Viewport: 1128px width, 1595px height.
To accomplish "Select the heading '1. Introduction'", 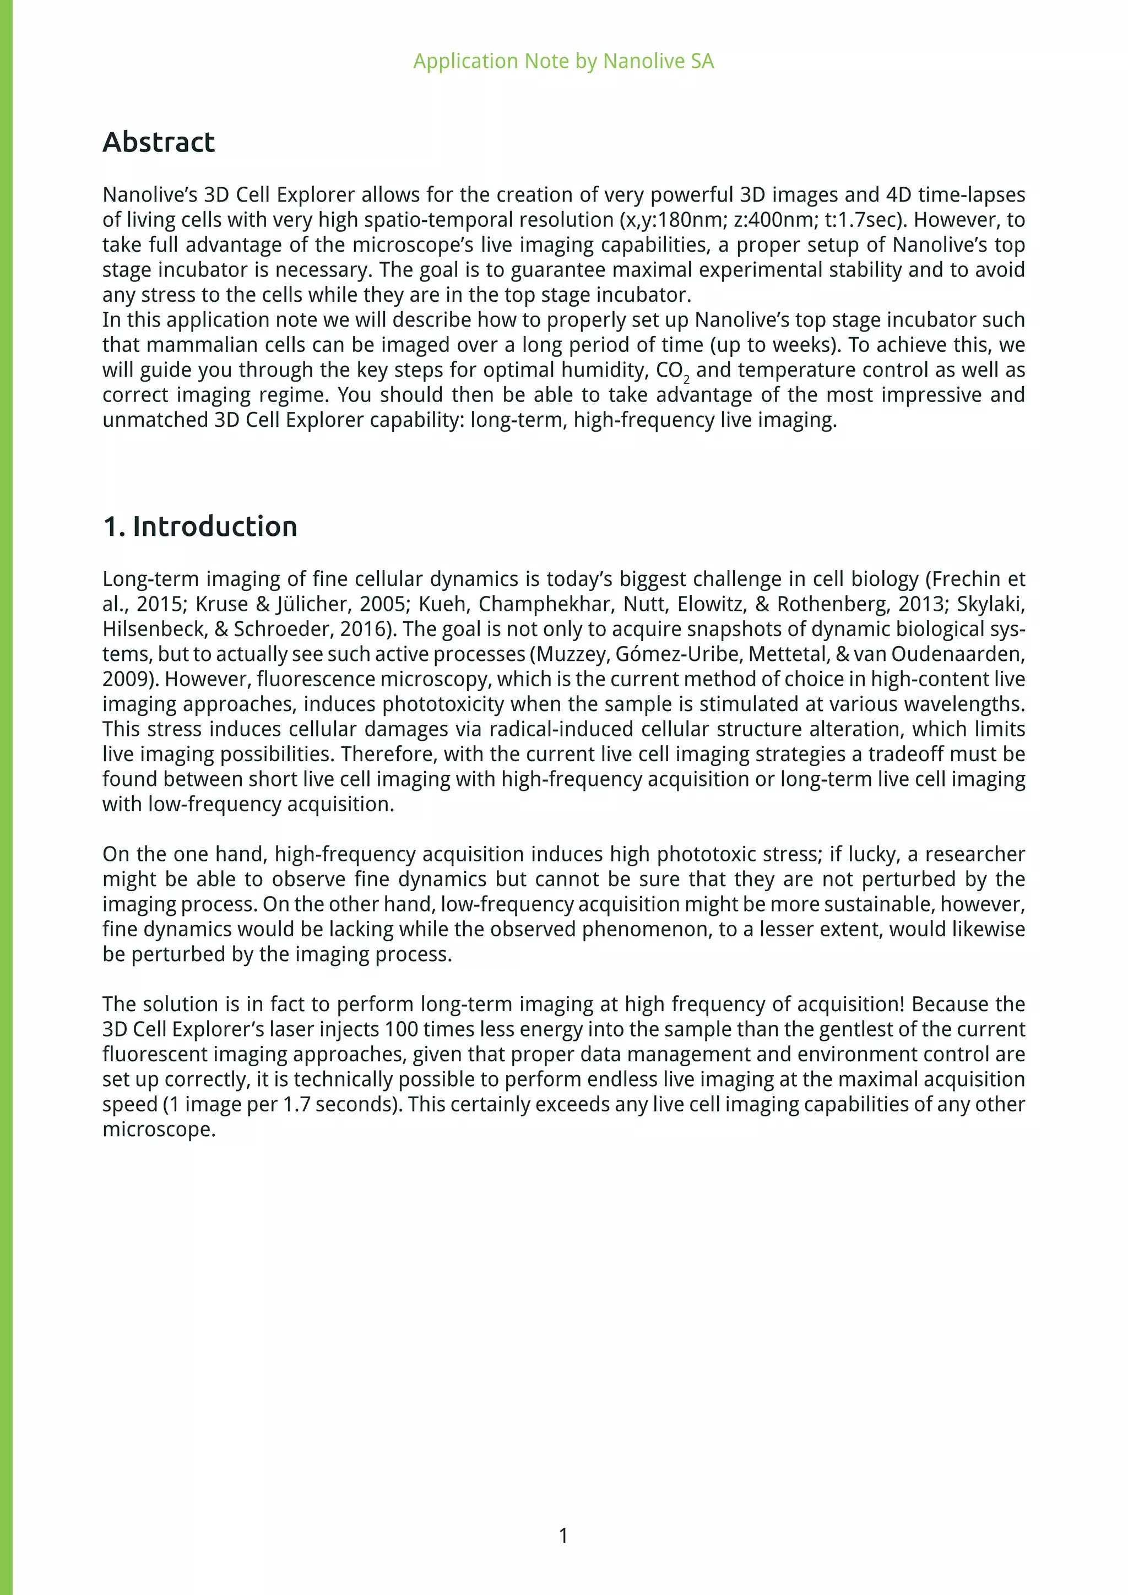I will (200, 526).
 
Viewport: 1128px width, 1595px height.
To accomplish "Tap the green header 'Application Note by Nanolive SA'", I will (563, 61).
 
